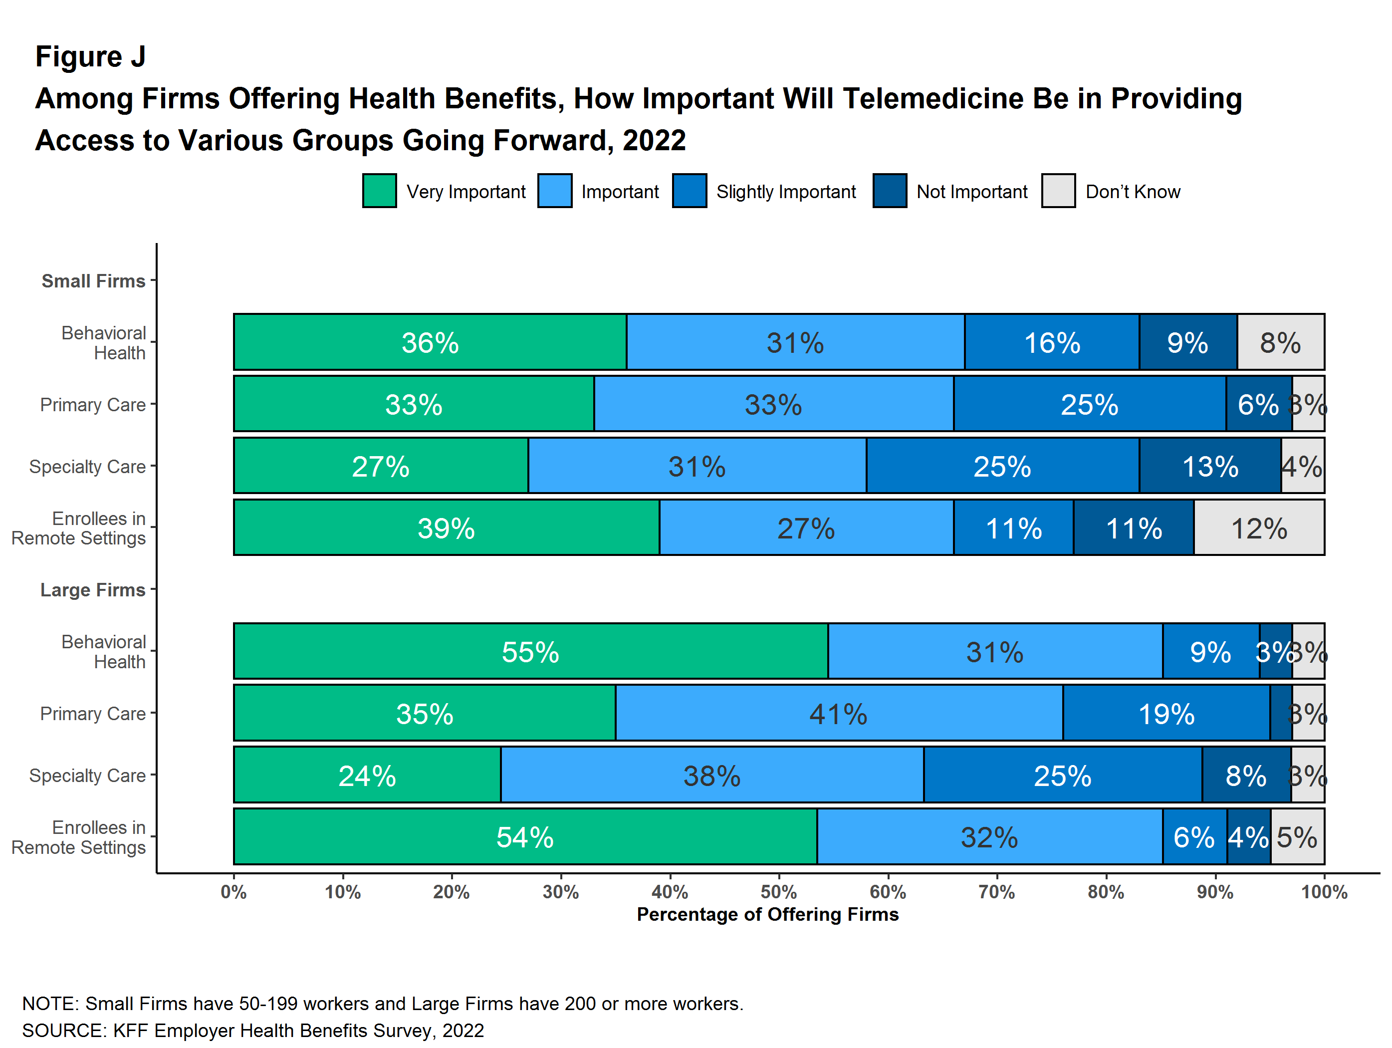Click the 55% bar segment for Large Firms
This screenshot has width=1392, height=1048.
coord(530,651)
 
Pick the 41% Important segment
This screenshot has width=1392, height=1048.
coord(838,713)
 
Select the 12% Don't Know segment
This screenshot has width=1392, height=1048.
coord(1259,527)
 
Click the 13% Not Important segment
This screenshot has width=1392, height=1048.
coord(1209,466)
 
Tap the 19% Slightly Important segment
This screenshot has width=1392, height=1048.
coord(1166,713)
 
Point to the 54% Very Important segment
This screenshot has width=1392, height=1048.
coord(525,836)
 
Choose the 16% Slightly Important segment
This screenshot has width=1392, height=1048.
coord(1052,342)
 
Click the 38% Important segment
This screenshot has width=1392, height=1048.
coord(712,775)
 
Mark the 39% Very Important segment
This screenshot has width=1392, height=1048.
coord(446,527)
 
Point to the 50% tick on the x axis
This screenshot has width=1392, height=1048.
coord(778,874)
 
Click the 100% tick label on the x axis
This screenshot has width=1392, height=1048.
coord(1324,892)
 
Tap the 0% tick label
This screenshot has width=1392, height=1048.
coord(233,892)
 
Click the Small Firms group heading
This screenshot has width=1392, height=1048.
coord(93,281)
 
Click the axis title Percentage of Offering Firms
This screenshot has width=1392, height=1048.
coord(767,914)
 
